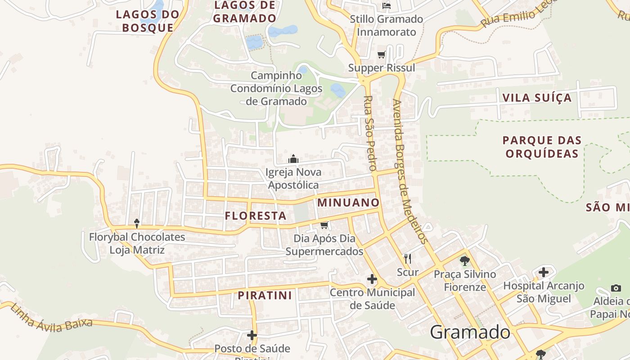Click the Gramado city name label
pyautogui.click(x=470, y=333)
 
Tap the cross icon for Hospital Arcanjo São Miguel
pyautogui.click(x=544, y=272)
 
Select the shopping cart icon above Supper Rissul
pyautogui.click(x=382, y=55)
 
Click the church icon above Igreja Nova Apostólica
pyautogui.click(x=293, y=159)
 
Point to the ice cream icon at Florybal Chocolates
pyautogui.click(x=137, y=223)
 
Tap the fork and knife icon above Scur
pyautogui.click(x=408, y=258)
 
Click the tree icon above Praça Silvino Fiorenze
pyautogui.click(x=465, y=261)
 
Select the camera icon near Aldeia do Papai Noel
pyautogui.click(x=616, y=288)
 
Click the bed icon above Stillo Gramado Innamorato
pyautogui.click(x=386, y=6)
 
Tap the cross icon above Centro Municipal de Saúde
pyautogui.click(x=372, y=279)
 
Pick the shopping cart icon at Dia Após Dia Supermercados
pyautogui.click(x=324, y=225)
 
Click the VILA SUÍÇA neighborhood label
pyautogui.click(x=537, y=98)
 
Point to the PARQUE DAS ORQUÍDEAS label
pyautogui.click(x=542, y=147)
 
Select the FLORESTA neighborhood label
pyautogui.click(x=256, y=216)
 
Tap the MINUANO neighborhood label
pyautogui.click(x=348, y=202)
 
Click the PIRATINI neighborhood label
pyautogui.click(x=265, y=296)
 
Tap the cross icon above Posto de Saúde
pyautogui.click(x=252, y=335)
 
